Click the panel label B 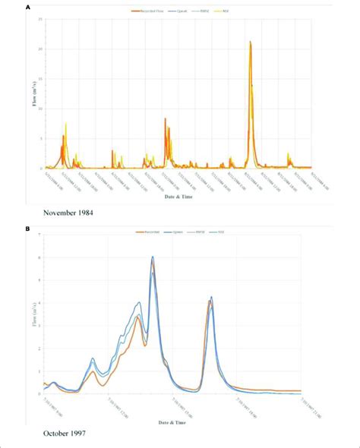coord(28,227)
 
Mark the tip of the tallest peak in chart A coord(251,42)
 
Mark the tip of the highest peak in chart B coord(153,257)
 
